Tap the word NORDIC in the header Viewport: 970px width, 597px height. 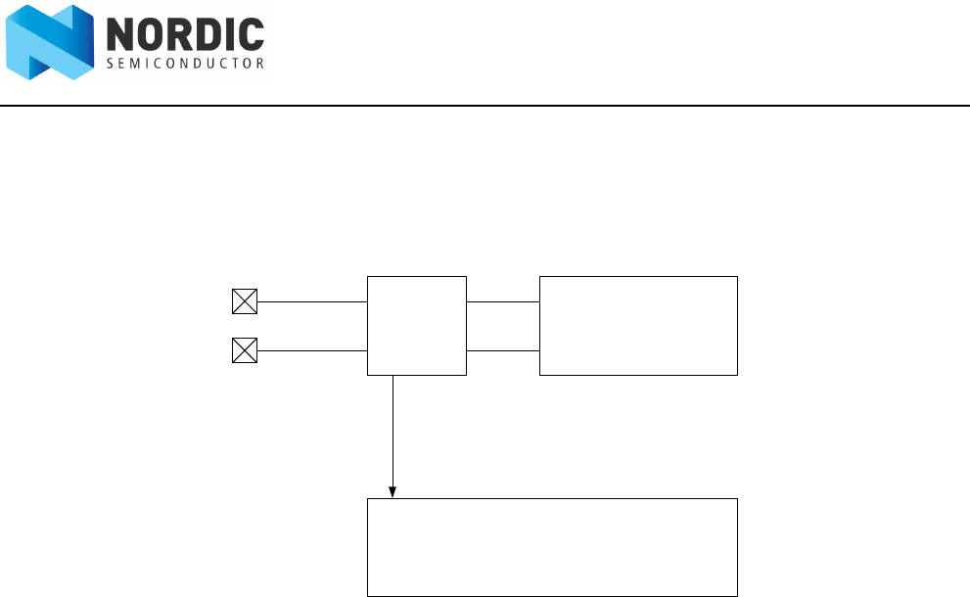point(184,36)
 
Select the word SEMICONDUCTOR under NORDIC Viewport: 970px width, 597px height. point(184,64)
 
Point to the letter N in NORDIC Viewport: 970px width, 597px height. point(121,36)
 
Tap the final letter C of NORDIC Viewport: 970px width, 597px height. point(251,36)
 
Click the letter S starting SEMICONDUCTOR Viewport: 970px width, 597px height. point(109,64)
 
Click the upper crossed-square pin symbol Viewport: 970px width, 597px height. point(244,301)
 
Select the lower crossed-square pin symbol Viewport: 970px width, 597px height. point(244,350)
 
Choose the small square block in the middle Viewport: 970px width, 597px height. point(417,325)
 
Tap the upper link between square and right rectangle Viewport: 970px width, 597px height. point(503,301)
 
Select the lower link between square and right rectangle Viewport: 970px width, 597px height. point(503,350)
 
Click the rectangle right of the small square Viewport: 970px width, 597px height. point(638,325)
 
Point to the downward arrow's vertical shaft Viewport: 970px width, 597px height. point(393,431)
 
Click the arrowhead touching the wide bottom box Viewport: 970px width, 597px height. point(393,492)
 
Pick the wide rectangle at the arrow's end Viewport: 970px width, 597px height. point(552,547)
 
